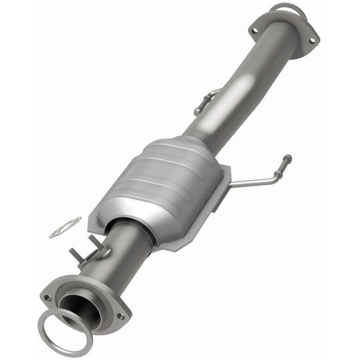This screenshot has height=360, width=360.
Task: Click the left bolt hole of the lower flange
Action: click(x=48, y=297)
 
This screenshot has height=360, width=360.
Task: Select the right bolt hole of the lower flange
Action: click(x=120, y=316)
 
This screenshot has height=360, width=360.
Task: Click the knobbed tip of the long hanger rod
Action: click(x=287, y=158)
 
